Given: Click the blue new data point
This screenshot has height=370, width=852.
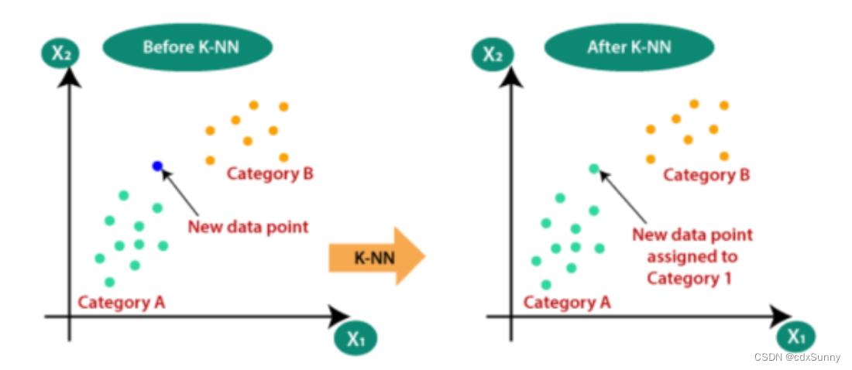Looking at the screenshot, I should (x=157, y=166).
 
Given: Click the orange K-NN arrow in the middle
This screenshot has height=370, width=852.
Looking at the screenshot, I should (x=376, y=256).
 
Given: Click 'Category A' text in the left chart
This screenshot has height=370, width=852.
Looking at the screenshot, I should (x=122, y=302).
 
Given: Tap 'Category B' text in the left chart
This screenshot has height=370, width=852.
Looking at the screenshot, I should (x=270, y=173).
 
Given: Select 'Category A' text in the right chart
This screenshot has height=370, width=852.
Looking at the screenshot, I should (x=567, y=302).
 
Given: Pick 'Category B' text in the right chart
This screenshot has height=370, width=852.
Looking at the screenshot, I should (x=706, y=175).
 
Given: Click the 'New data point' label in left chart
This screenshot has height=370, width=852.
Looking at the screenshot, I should (x=248, y=227).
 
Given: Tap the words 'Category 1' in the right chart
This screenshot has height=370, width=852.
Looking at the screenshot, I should (x=689, y=278).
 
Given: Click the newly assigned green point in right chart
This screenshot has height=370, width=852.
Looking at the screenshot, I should (x=593, y=168).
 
